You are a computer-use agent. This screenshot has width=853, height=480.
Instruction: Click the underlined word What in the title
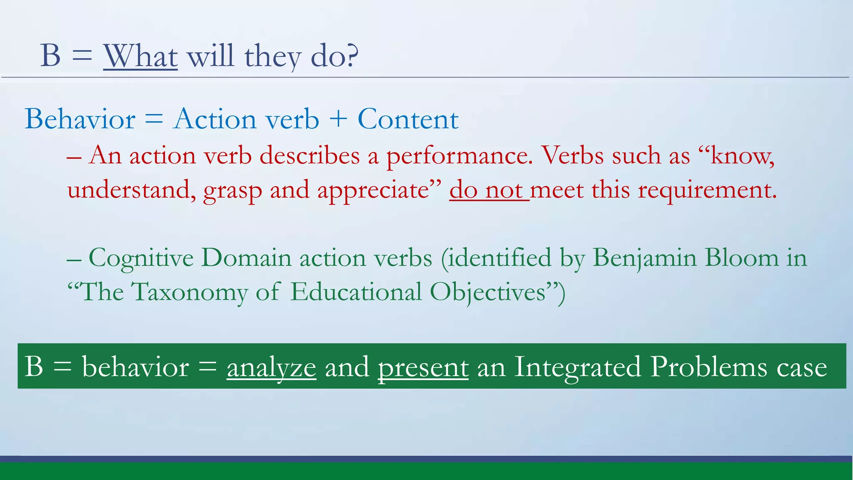tap(140, 56)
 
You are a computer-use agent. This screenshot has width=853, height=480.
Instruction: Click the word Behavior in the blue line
tap(80, 119)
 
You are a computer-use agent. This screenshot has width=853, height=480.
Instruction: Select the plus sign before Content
tap(338, 119)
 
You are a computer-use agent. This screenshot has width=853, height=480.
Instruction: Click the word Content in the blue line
tap(408, 119)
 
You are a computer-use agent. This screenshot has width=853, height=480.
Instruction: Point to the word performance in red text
tap(459, 156)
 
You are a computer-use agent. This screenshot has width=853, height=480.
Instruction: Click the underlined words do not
tap(489, 190)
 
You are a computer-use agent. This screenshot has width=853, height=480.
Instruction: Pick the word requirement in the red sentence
tap(707, 190)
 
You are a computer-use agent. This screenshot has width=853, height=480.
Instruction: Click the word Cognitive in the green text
tap(141, 258)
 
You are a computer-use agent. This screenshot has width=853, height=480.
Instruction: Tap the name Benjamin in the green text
tap(644, 258)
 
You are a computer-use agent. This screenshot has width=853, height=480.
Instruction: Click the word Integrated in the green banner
tap(577, 367)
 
